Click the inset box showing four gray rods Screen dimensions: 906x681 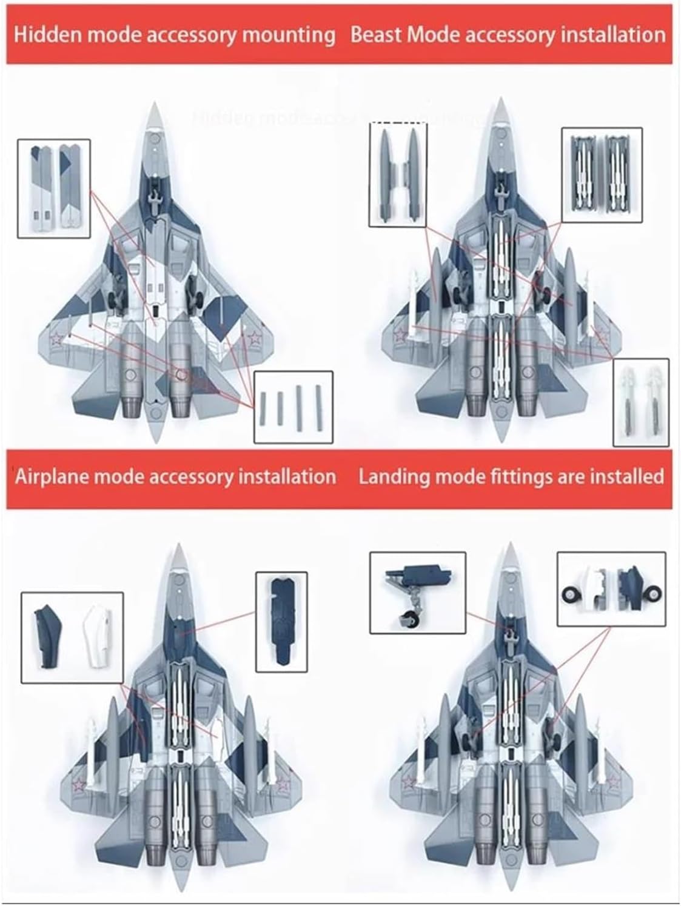(293, 406)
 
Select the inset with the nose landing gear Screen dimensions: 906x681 (417, 592)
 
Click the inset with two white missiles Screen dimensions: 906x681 (641, 402)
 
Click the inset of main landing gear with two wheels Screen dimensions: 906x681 (611, 588)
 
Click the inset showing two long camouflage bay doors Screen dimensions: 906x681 (53, 188)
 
